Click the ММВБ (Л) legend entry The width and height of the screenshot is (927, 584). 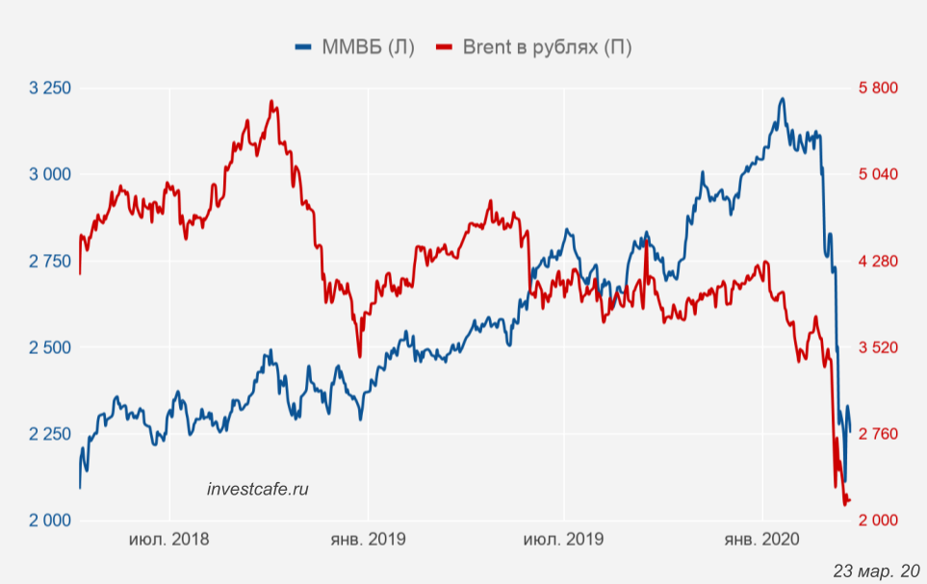tap(355, 47)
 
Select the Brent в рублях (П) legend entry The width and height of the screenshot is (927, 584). tap(534, 47)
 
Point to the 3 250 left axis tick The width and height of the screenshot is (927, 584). tap(51, 89)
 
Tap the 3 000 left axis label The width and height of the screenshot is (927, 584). tap(51, 174)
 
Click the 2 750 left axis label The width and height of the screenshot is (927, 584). tap(51, 261)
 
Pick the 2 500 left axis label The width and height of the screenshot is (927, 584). tap(51, 347)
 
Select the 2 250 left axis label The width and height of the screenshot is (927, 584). tap(51, 434)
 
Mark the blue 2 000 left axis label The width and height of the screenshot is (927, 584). tap(51, 521)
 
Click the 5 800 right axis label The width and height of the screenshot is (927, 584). tap(877, 89)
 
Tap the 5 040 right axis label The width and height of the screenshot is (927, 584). tap(877, 174)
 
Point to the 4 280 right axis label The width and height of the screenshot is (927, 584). tap(877, 261)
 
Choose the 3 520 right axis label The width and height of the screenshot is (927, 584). tap(877, 347)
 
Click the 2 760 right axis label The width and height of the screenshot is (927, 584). tap(877, 434)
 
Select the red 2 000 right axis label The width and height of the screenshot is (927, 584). tap(877, 521)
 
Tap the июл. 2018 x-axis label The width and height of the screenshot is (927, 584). tap(169, 540)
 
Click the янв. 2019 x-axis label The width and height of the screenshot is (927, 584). tap(367, 540)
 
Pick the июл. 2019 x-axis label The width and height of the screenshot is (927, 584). tap(564, 540)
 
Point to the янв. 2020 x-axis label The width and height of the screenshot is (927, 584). tap(762, 540)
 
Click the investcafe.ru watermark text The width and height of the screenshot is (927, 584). tap(258, 489)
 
